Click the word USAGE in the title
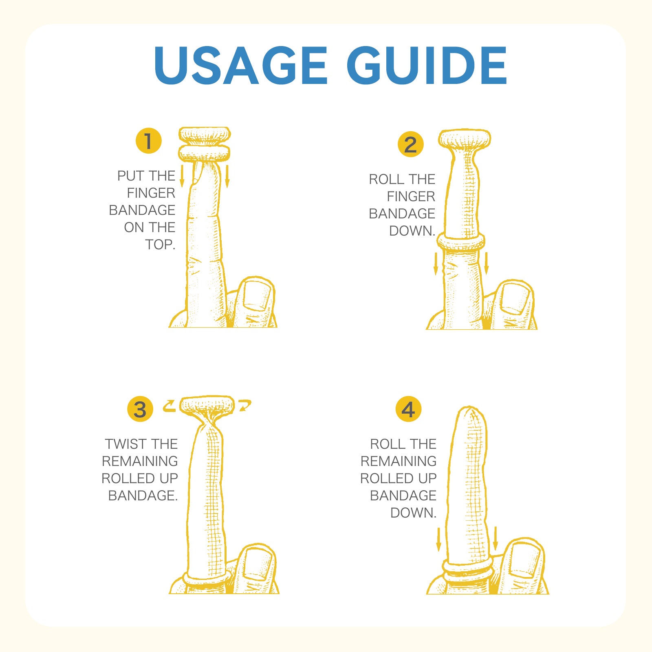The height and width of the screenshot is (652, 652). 241,65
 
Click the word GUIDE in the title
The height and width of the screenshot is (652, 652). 427,65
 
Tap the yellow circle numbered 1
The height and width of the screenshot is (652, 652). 149,141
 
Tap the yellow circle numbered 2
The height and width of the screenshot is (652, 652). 411,144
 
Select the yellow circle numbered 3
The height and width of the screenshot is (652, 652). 140,409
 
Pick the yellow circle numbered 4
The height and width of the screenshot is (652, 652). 408,409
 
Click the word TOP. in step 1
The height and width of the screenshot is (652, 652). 160,244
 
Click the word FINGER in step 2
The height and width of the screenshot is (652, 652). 411,196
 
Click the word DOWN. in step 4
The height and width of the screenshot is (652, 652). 413,513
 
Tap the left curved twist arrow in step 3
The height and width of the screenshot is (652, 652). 169,406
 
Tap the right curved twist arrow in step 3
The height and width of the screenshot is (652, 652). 245,406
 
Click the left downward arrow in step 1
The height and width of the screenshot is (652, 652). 182,176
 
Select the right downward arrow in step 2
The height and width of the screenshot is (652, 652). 486,263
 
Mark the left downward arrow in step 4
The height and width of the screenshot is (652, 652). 439,539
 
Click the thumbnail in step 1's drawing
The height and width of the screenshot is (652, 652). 257,296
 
